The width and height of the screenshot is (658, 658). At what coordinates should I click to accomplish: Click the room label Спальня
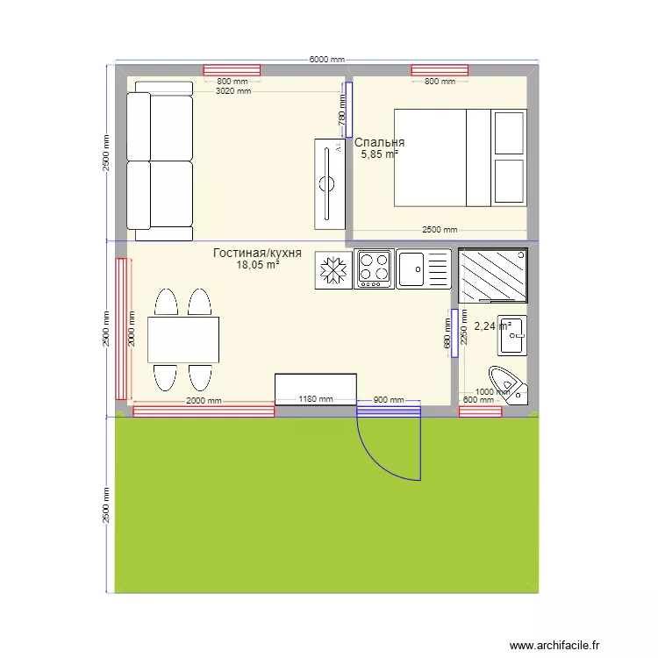coord(379,142)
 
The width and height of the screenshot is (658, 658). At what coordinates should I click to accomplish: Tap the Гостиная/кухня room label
coord(257,253)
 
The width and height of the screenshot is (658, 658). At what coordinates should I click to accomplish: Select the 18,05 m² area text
coord(257,264)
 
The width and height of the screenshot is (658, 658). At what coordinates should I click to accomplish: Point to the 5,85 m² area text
coord(379,154)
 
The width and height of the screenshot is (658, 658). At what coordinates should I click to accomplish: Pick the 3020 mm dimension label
coord(233,90)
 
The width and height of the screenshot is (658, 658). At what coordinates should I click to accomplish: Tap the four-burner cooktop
coord(373,269)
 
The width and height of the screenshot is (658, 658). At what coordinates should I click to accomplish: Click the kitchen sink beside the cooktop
coord(423,268)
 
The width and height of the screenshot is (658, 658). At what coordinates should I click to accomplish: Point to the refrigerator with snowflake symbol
coord(333,271)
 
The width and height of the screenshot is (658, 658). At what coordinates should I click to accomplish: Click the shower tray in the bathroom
coord(493,275)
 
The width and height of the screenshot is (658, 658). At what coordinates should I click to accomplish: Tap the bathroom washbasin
coord(511,334)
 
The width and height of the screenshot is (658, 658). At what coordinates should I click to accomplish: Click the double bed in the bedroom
coord(459,158)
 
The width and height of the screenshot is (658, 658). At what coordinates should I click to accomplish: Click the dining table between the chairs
coord(183,340)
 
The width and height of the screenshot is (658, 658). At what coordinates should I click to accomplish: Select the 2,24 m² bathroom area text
coord(491,326)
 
